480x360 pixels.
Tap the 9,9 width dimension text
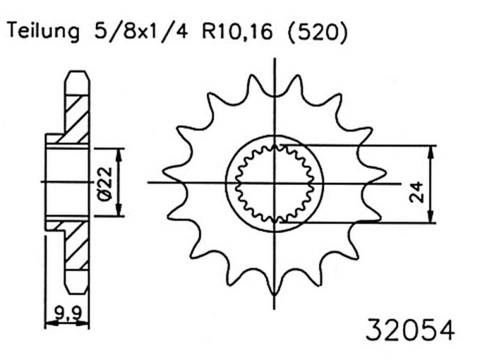(67, 313)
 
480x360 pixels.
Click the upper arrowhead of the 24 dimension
(431, 150)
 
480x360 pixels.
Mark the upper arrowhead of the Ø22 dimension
(118, 153)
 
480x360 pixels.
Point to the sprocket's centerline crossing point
(274, 182)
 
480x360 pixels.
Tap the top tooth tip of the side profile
(77, 73)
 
